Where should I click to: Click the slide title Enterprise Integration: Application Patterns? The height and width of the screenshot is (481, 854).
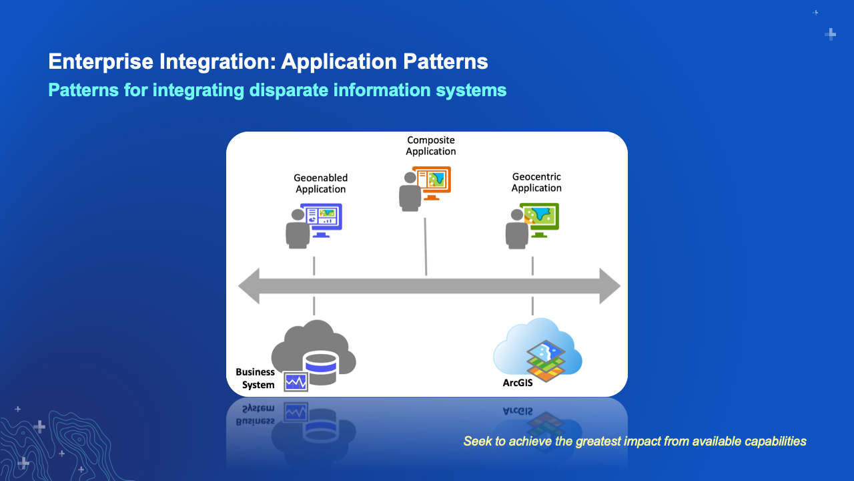tap(268, 62)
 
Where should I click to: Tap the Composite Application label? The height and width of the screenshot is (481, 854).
tap(431, 146)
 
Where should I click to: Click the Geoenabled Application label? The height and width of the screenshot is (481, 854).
tap(320, 183)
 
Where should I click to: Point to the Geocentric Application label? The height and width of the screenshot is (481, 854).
tap(536, 182)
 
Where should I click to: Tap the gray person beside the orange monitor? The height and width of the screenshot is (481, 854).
tap(409, 192)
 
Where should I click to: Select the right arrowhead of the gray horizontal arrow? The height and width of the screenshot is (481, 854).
tap(609, 286)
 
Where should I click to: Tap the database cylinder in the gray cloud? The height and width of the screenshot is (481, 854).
tap(320, 367)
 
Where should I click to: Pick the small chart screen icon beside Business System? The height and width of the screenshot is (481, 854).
tap(296, 381)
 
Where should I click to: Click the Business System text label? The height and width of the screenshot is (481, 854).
tap(255, 378)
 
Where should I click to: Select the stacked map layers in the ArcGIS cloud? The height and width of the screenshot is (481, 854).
tap(546, 361)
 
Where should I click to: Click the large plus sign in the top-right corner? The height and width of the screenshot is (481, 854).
tap(831, 34)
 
